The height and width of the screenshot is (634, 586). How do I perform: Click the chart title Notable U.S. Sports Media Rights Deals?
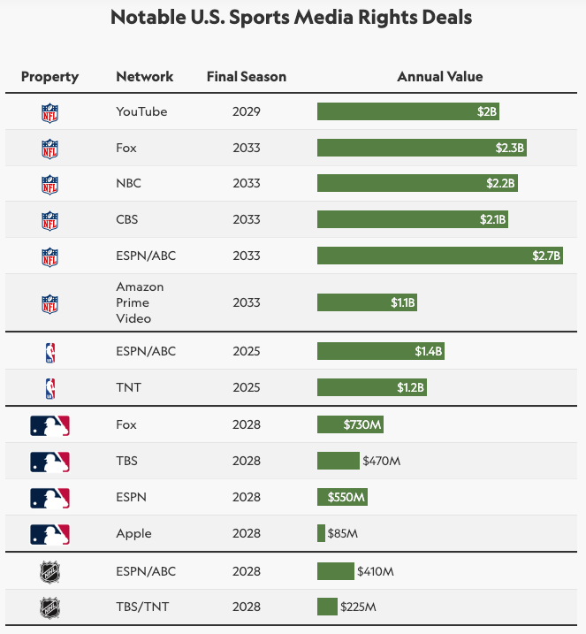pyautogui.click(x=292, y=18)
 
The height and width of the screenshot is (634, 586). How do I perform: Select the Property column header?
pyautogui.click(x=49, y=77)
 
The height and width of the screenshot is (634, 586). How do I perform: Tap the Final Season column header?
pyautogui.click(x=247, y=77)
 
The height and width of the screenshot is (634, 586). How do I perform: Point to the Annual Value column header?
pyautogui.click(x=439, y=77)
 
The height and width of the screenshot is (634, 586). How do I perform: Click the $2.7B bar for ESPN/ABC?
pyautogui.click(x=439, y=256)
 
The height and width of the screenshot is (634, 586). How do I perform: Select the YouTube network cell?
pyautogui.click(x=141, y=111)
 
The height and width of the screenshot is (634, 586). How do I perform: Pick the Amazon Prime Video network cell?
pyautogui.click(x=140, y=302)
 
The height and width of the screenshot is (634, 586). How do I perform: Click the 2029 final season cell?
pyautogui.click(x=247, y=111)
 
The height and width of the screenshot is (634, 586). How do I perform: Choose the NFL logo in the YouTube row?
pyautogui.click(x=49, y=112)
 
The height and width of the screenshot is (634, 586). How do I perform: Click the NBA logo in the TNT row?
pyautogui.click(x=49, y=388)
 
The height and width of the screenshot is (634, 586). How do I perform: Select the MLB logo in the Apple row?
pyautogui.click(x=49, y=534)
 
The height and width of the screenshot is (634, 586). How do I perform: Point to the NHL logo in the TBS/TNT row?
pyautogui.click(x=49, y=607)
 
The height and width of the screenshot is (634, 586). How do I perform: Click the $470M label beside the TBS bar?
pyautogui.click(x=382, y=461)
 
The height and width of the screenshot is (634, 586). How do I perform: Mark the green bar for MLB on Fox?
pyautogui.click(x=350, y=424)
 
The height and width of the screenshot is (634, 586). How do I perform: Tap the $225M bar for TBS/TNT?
pyautogui.click(x=327, y=607)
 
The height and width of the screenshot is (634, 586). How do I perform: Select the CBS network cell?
pyautogui.click(x=127, y=219)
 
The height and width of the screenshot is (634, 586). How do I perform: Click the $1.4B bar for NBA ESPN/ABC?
pyautogui.click(x=380, y=351)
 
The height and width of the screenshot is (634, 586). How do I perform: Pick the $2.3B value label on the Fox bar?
pyautogui.click(x=510, y=149)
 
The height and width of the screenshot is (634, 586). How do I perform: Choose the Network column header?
pyautogui.click(x=145, y=77)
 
